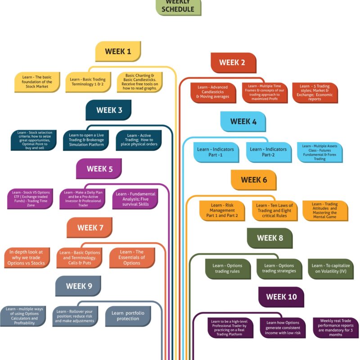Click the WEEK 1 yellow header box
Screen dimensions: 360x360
pyautogui.click(x=118, y=51)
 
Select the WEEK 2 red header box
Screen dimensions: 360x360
pyautogui.click(x=233, y=63)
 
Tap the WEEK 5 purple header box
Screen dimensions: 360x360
pyautogui.click(x=99, y=169)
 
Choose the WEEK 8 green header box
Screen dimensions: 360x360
pyautogui.click(x=270, y=238)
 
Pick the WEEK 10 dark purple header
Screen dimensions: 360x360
pyautogui.click(x=281, y=297)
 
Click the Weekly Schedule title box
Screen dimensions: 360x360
pyautogui.click(x=178, y=7)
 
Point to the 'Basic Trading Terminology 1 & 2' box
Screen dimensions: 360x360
pyautogui.click(x=88, y=82)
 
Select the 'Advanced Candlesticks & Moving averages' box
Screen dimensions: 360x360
pyautogui.click(x=213, y=93)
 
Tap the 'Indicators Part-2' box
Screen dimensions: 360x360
pyautogui.click(x=269, y=152)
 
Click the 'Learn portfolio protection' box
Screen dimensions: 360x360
pyautogui.click(x=128, y=316)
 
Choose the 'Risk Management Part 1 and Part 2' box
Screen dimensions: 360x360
pyautogui.click(x=222, y=211)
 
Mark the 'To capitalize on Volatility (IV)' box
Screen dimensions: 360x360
pyautogui.click(x=331, y=269)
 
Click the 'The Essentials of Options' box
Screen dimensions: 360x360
pyautogui.click(x=132, y=258)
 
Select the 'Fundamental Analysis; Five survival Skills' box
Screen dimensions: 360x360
pyautogui.click(x=135, y=199)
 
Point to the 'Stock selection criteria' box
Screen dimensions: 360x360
pyautogui.click(x=34, y=140)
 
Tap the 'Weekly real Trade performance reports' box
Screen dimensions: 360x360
pyautogui.click(x=336, y=328)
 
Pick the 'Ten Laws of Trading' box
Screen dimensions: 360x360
pyautogui.click(x=275, y=211)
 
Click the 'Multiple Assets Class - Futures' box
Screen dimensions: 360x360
pyautogui.click(x=320, y=152)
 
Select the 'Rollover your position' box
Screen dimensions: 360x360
pyautogui.click(x=75, y=316)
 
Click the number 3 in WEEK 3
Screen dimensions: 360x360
pyautogui.click(x=120, y=110)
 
